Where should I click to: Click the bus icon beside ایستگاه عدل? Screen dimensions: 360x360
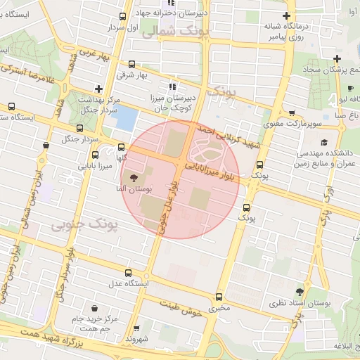[127, 273]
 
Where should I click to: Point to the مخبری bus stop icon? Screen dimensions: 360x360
[219, 297]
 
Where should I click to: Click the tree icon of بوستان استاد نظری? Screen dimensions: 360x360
[300, 292]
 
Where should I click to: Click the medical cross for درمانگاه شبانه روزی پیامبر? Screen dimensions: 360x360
[285, 15]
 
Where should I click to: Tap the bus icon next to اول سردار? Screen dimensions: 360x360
[123, 17]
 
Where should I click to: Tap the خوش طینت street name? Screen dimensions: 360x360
[181, 309]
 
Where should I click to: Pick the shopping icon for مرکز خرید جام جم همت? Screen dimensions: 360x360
[95, 308]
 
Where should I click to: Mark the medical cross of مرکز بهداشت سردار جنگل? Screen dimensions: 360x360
[98, 89]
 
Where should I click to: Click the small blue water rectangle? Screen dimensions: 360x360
[125, 118]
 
